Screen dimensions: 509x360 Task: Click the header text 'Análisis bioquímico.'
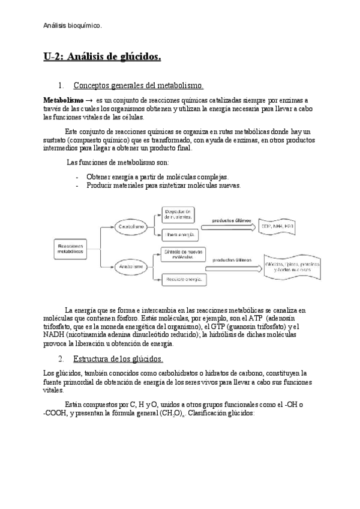pyautogui.click(x=73, y=25)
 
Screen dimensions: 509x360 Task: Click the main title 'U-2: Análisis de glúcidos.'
pyautogui.click(x=103, y=58)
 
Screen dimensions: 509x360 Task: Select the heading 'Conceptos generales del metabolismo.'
pyautogui.click(x=138, y=86)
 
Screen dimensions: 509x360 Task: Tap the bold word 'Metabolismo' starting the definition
pyautogui.click(x=64, y=99)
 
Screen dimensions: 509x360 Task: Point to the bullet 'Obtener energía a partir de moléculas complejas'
pyautogui.click(x=157, y=177)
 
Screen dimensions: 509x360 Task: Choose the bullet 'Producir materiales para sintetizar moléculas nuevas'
pyautogui.click(x=163, y=185)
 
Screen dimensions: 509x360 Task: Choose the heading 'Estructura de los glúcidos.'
pyautogui.click(x=118, y=360)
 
